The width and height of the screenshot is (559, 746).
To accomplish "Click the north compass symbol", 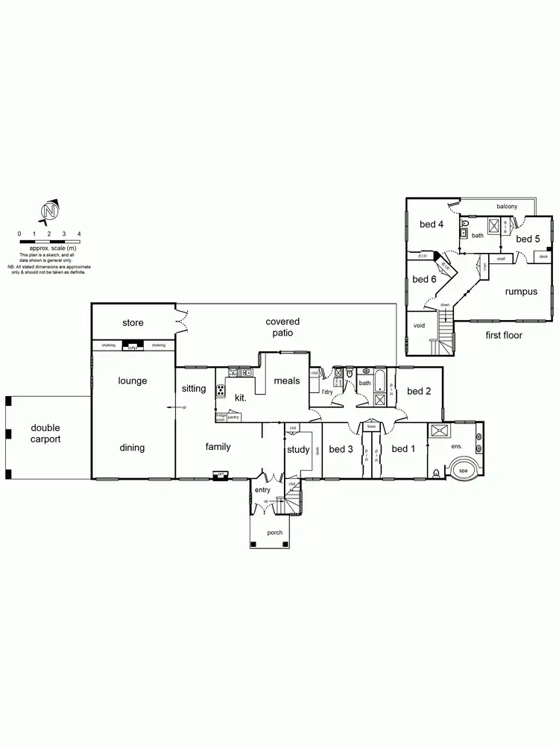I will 49,212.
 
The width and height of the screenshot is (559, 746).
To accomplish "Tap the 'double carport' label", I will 45,433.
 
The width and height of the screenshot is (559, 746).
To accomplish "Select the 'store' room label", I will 133,323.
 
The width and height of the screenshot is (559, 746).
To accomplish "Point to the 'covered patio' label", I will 282,327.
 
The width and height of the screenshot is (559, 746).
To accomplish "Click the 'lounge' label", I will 133,380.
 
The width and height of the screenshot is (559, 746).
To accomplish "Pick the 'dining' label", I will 133,448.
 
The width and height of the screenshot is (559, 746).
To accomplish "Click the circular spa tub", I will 463,471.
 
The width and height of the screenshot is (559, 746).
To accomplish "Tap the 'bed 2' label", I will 418,391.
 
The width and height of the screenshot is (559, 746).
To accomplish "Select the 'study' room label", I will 298,449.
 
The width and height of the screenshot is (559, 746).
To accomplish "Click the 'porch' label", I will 275,533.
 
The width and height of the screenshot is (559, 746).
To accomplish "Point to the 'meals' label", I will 286,381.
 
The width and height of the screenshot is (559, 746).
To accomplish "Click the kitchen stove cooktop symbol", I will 221,390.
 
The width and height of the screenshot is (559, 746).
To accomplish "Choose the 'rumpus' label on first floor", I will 520,292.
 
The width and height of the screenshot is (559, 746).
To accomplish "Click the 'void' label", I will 419,326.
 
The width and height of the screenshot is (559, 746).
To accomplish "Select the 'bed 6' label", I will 424,279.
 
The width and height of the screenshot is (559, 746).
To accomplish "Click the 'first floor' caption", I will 503,336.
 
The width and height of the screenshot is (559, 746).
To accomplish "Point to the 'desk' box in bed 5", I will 543,257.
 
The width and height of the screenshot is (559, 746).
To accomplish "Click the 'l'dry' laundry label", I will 326,392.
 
